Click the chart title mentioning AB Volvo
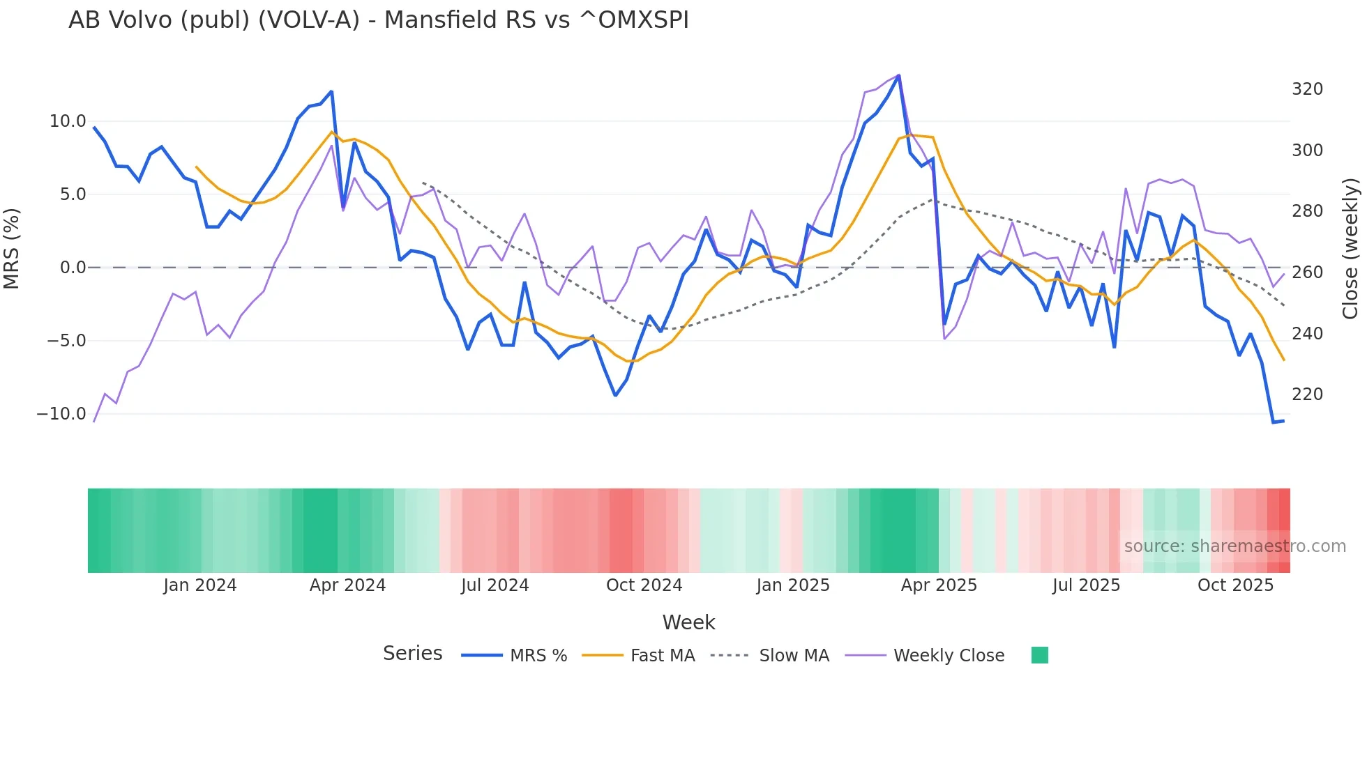[378, 20]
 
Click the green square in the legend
[1039, 655]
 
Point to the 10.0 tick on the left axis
[68, 121]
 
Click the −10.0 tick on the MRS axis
[61, 414]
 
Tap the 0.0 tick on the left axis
[73, 268]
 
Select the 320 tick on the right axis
[1307, 89]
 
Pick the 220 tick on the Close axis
[1307, 394]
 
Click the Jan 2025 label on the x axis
[793, 585]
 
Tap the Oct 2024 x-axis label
[644, 585]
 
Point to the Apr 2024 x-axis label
[347, 585]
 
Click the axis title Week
[688, 622]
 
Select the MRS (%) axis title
[12, 248]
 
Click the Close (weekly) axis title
[1350, 248]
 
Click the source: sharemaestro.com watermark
[1234, 546]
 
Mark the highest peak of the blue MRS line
[898, 75]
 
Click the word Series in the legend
[412, 654]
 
